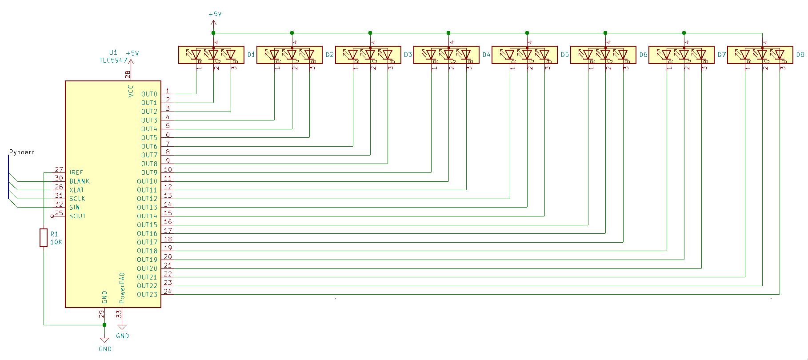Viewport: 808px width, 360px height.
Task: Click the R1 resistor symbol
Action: [x=44, y=238]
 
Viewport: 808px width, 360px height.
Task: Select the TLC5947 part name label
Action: [x=113, y=60]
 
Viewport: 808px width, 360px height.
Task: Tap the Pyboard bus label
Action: [x=22, y=152]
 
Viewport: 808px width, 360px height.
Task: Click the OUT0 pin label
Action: [x=149, y=94]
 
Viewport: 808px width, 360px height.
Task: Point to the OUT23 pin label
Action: [x=147, y=295]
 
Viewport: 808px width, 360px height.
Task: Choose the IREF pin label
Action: [x=76, y=172]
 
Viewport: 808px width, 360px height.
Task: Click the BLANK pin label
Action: [x=79, y=181]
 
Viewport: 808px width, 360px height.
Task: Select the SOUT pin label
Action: [x=77, y=216]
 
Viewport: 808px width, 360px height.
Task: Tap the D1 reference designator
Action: [x=251, y=55]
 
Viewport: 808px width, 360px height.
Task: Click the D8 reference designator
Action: [x=800, y=55]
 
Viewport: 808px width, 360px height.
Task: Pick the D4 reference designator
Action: [x=486, y=55]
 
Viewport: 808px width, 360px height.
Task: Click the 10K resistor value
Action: [x=56, y=242]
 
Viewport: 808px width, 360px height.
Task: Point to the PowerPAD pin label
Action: [x=122, y=288]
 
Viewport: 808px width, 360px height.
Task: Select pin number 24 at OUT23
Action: [x=168, y=292]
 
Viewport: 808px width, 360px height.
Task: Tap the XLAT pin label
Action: [x=76, y=190]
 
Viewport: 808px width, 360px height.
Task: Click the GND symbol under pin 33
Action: [x=122, y=328]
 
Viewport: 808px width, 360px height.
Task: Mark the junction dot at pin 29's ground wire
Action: [x=104, y=325]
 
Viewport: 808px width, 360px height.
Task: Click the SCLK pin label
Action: [x=77, y=199]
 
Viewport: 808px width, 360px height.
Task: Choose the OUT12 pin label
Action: [x=147, y=199]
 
